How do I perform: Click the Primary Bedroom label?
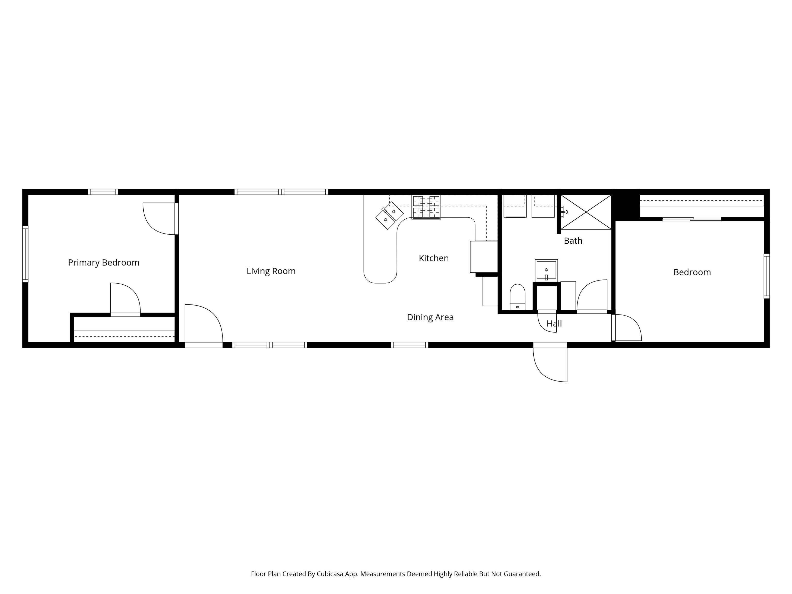(103, 263)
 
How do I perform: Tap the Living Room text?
(271, 271)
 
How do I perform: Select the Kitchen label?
(434, 258)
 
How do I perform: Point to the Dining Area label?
(430, 317)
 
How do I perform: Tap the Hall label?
(554, 324)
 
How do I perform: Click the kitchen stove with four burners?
(426, 207)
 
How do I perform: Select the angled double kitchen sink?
(390, 216)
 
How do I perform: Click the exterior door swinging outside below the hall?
(550, 362)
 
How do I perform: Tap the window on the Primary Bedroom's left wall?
(25, 254)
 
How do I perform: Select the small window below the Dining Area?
(410, 345)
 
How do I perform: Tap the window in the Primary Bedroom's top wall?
(103, 192)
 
